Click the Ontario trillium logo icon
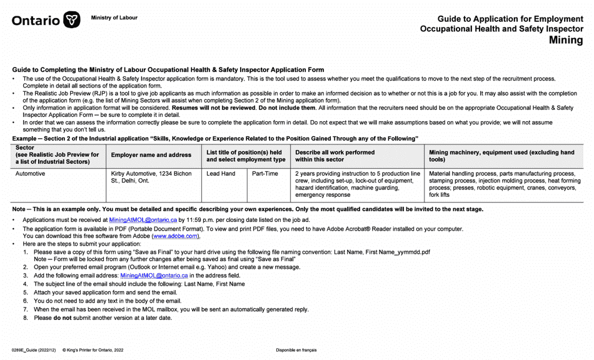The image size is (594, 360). pyautogui.click(x=72, y=20)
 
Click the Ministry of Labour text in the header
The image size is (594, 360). pyautogui.click(x=114, y=17)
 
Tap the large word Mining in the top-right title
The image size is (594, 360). pyautogui.click(x=565, y=41)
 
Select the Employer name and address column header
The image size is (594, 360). pyautogui.click(x=151, y=155)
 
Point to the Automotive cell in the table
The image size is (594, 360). pyautogui.click(x=30, y=174)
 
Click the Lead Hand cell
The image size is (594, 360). pyautogui.click(x=221, y=174)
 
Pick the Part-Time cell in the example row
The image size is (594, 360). pyautogui.click(x=265, y=174)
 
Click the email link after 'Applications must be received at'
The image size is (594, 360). pyautogui.click(x=143, y=220)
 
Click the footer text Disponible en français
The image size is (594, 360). pyautogui.click(x=296, y=350)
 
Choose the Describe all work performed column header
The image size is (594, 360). pyautogui.click(x=335, y=155)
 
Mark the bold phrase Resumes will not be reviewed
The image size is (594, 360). pyautogui.click(x=213, y=108)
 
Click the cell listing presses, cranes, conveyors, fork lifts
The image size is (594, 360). pyautogui.click(x=505, y=184)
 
